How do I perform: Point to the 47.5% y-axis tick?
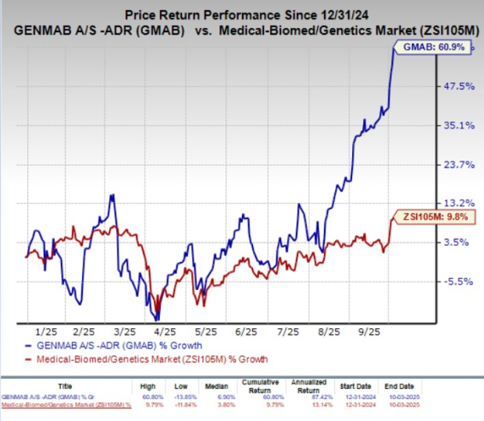click(458, 87)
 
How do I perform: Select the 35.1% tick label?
click(458, 126)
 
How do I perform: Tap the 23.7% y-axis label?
click(458, 165)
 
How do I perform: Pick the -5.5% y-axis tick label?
click(458, 281)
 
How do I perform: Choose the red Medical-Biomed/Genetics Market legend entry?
click(149, 359)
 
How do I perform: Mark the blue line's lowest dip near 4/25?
click(158, 319)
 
